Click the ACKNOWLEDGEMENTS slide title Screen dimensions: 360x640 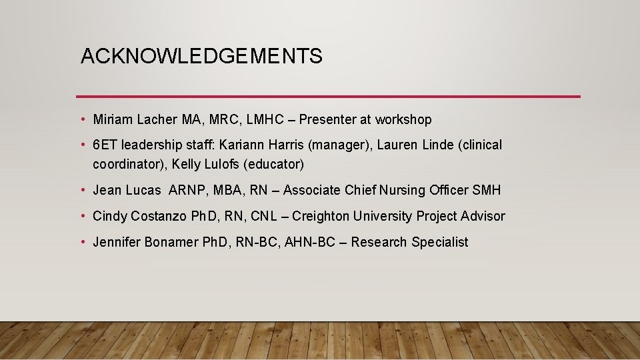coord(201,57)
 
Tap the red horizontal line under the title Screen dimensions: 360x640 coord(328,97)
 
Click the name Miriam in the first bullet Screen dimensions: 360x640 coord(113,120)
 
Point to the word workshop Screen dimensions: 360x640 coord(403,120)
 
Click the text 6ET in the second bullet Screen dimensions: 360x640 coord(105,145)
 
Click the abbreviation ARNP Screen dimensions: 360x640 coord(189,191)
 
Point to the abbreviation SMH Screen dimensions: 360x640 coord(486,191)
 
